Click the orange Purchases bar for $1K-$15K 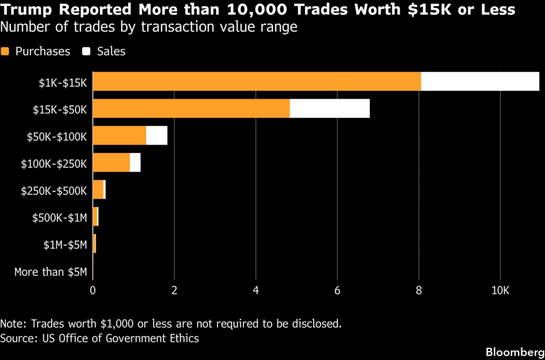pyautogui.click(x=257, y=82)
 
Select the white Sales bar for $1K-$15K pyautogui.click(x=480, y=82)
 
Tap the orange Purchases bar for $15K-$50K pyautogui.click(x=191, y=108)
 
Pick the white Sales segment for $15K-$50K pyautogui.click(x=330, y=108)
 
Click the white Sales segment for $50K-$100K pyautogui.click(x=157, y=136)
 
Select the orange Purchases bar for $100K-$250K pyautogui.click(x=111, y=163)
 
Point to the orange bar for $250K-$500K pyautogui.click(x=98, y=189)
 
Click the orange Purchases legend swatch pyautogui.click(x=5, y=51)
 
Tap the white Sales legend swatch pyautogui.click(x=86, y=51)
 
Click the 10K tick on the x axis pyautogui.click(x=501, y=290)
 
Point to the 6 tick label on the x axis pyautogui.click(x=337, y=290)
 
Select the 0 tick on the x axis pyautogui.click(x=93, y=290)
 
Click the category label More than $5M pyautogui.click(x=51, y=272)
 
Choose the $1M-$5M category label pyautogui.click(x=65, y=245)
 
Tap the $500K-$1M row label pyautogui.click(x=60, y=218)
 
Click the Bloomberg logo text pyautogui.click(x=515, y=352)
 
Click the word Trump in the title pyautogui.click(x=27, y=10)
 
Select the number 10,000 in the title pyautogui.click(x=257, y=9)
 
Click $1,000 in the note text pyautogui.click(x=117, y=324)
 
